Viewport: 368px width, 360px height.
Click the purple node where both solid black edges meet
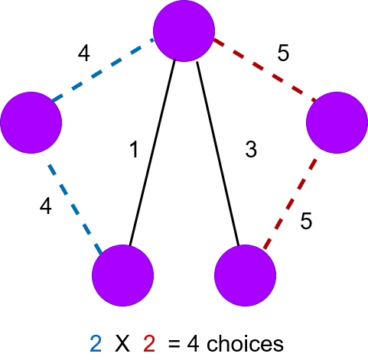tap(184, 31)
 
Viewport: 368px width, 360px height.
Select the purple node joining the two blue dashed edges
tap(31, 122)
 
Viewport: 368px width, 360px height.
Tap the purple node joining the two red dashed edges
tap(337, 122)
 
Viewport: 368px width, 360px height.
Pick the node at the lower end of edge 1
tap(122, 275)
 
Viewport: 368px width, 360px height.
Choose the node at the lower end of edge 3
tap(245, 275)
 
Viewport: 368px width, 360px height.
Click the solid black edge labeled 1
tap(152, 153)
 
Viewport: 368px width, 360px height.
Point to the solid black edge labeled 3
tap(218, 154)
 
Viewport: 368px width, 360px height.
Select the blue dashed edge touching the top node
tap(103, 70)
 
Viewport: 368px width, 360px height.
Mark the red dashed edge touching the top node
tap(265, 70)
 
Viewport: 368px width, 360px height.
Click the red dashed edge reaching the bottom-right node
tap(290, 203)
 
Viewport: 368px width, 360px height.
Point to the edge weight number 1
tap(134, 150)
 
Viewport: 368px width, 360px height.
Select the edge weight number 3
tap(251, 149)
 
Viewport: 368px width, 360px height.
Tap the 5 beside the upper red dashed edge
tap(283, 53)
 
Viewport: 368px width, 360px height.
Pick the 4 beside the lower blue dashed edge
tap(46, 206)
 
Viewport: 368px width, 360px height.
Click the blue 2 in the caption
tap(96, 344)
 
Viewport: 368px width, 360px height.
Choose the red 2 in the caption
tap(149, 344)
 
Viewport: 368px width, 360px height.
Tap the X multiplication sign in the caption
tap(122, 344)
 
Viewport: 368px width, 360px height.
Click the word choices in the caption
tap(245, 343)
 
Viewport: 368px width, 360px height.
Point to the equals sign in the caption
tap(174, 344)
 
